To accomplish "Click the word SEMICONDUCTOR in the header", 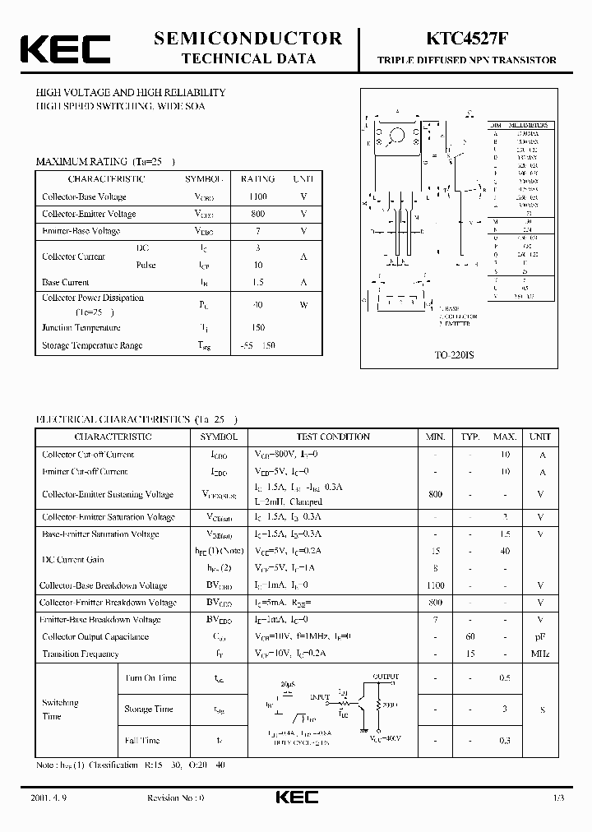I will point(247,38).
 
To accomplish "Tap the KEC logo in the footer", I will point(292,798).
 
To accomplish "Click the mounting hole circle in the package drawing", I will point(399,135).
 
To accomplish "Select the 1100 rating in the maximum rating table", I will point(257,196).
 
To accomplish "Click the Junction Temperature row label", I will point(81,328).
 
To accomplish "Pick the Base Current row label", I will point(66,282).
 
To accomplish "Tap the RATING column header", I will point(257,178).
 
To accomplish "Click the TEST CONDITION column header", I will point(333,437).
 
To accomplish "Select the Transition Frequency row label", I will point(81,654).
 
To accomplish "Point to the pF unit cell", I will point(540,637).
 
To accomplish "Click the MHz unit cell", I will point(540,654).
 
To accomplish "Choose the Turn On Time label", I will point(150,678).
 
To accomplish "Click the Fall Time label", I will point(142,741).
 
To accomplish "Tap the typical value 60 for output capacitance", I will point(470,637).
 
